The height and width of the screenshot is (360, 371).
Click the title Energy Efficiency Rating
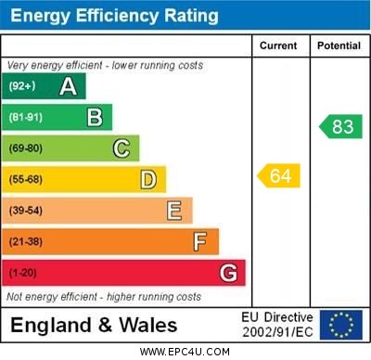click(x=113, y=16)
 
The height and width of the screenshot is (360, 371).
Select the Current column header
click(x=278, y=45)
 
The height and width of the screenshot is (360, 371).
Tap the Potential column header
click(x=339, y=45)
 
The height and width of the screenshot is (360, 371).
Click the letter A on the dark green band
click(x=68, y=86)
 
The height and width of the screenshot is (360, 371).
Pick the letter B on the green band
click(x=95, y=117)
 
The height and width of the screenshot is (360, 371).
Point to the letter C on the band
click(x=121, y=148)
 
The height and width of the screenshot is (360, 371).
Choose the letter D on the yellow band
click(x=147, y=179)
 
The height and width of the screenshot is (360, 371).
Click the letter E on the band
click(x=173, y=211)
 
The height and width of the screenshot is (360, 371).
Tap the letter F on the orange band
click(x=199, y=241)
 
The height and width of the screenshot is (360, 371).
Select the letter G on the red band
click(x=227, y=273)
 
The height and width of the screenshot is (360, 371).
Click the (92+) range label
click(x=22, y=86)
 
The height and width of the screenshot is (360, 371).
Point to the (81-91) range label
click(x=26, y=117)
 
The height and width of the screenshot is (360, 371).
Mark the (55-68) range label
click(x=26, y=179)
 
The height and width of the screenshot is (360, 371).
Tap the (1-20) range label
click(x=23, y=273)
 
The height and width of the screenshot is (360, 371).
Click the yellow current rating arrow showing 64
click(x=279, y=175)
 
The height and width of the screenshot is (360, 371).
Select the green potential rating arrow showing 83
click(x=339, y=126)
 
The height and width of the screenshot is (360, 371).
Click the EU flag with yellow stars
click(x=340, y=325)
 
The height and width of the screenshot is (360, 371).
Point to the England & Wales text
click(x=94, y=326)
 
